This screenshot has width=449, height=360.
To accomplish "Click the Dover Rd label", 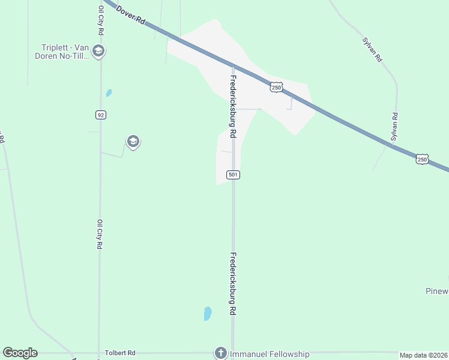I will tap(131, 14).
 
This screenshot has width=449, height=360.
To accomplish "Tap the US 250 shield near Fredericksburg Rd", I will tap(276, 87).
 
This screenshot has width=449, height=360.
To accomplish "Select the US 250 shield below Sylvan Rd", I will tap(422, 159).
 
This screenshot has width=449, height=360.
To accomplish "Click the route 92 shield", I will tap(100, 115).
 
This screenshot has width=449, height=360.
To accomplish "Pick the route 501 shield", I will tap(234, 175).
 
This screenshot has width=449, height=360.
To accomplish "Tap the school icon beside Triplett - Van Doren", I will tap(99, 52).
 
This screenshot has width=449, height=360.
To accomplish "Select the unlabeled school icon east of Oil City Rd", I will tap(133, 142).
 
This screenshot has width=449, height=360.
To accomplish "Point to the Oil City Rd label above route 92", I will tap(101, 20).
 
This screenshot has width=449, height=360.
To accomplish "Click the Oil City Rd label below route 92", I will tap(100, 234).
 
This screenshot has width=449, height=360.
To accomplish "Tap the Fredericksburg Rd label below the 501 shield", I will tap(233, 283).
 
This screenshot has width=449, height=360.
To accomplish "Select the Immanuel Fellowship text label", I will tap(270, 354).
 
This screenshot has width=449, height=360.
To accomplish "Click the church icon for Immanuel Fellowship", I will tap(221, 353).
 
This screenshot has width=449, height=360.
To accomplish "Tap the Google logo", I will tap(20, 353).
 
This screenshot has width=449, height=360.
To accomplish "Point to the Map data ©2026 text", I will tap(424, 355).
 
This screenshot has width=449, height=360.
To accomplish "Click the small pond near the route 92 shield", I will tap(109, 93).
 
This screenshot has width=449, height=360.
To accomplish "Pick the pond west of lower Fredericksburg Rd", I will tap(208, 313).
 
